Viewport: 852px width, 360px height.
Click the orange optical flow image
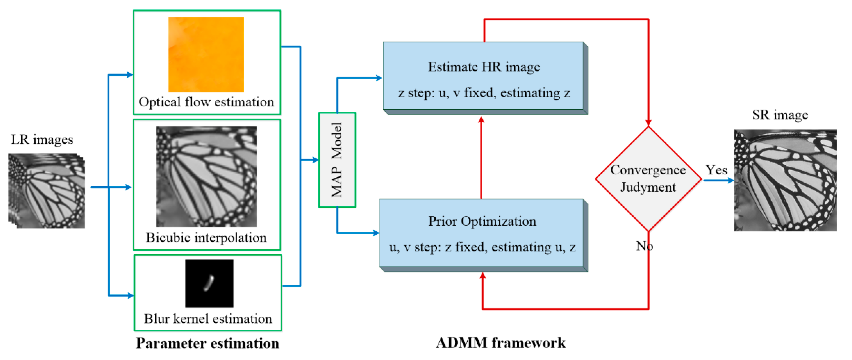tap(206, 54)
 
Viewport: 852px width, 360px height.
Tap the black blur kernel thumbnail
tap(209, 283)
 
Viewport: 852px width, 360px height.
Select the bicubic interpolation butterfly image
tap(206, 176)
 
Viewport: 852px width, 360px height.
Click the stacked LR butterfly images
tap(47, 191)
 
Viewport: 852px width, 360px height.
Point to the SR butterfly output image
tap(785, 180)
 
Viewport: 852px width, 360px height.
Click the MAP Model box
tap(337, 160)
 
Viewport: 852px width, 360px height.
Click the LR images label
tap(42, 139)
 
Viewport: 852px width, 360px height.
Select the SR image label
tap(779, 115)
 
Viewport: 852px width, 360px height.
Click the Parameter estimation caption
tap(207, 343)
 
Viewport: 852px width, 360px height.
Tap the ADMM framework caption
tap(500, 343)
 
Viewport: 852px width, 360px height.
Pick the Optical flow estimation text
tap(206, 102)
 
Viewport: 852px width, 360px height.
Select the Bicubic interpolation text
tap(206, 237)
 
